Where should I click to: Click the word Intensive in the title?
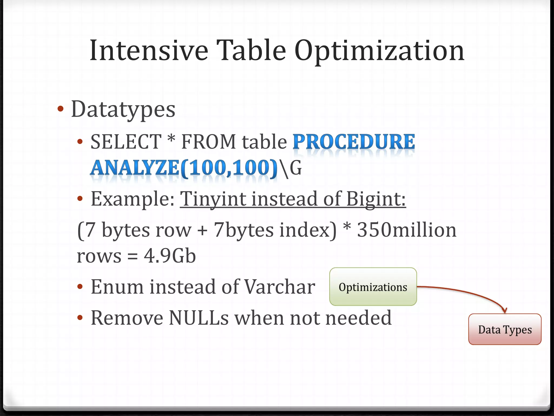(149, 50)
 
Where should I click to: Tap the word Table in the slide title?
(251, 50)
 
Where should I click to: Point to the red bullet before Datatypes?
(61, 109)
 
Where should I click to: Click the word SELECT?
(126, 142)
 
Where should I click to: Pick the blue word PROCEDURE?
(354, 142)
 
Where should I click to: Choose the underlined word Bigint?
(376, 199)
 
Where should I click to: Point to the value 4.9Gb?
(170, 256)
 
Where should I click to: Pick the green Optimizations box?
(373, 287)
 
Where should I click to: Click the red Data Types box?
(505, 329)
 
